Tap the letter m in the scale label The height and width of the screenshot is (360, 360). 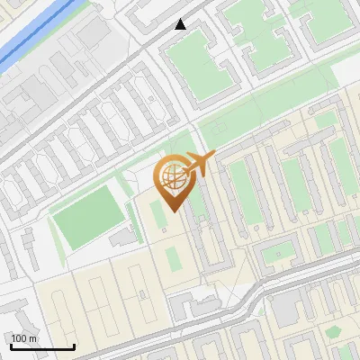33,338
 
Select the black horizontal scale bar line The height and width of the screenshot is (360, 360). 42,346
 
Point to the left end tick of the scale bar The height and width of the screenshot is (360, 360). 11,345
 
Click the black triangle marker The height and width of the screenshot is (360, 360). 181,24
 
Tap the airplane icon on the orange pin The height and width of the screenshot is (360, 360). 198,164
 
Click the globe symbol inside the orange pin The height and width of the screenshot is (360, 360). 171,178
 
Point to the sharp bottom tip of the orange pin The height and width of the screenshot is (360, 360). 171,211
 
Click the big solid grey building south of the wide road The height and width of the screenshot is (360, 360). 286,310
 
